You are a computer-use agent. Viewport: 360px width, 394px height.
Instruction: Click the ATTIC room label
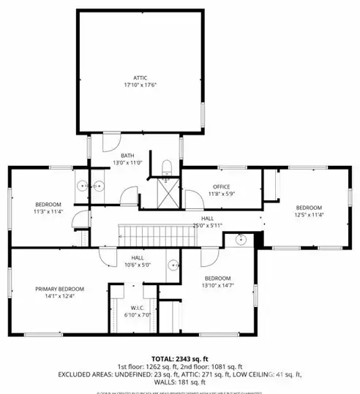139,77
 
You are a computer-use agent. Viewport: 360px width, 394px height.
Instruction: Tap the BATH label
127,155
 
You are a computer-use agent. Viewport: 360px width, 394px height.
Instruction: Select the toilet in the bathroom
167,167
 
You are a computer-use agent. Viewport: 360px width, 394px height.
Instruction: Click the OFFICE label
221,186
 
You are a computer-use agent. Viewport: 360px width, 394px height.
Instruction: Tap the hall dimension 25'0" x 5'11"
207,225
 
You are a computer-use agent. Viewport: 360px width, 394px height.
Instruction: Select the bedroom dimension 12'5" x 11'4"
309,215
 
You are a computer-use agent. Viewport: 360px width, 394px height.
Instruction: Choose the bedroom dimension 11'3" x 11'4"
48,212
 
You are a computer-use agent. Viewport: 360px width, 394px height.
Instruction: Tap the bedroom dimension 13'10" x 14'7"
218,286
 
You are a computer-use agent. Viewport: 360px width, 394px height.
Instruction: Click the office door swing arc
193,197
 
